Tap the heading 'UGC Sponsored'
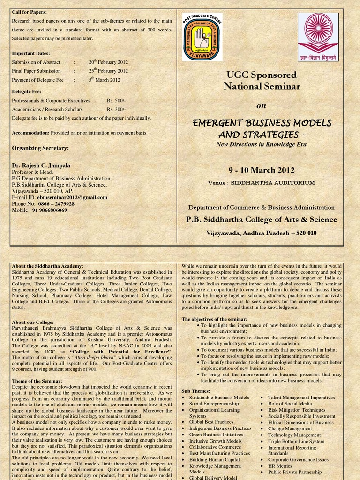pyautogui.click(x=262, y=75)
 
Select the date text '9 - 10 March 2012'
pyautogui.click(x=262, y=170)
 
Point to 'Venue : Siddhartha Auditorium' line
pyautogui.click(x=262, y=183)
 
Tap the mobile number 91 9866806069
pyautogui.click(x=50, y=210)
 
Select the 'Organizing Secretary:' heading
pyautogui.click(x=40, y=148)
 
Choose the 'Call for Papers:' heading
pyautogui.click(x=29, y=12)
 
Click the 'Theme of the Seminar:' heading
pyautogui.click(x=36, y=381)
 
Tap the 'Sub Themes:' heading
pyautogui.click(x=195, y=390)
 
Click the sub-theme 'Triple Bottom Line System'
pyautogui.click(x=296, y=441)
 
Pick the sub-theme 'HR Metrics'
pyautogui.click(x=280, y=466)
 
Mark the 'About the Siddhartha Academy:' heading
pyautogui.click(x=47, y=266)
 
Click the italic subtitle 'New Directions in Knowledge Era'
pyautogui.click(x=262, y=144)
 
